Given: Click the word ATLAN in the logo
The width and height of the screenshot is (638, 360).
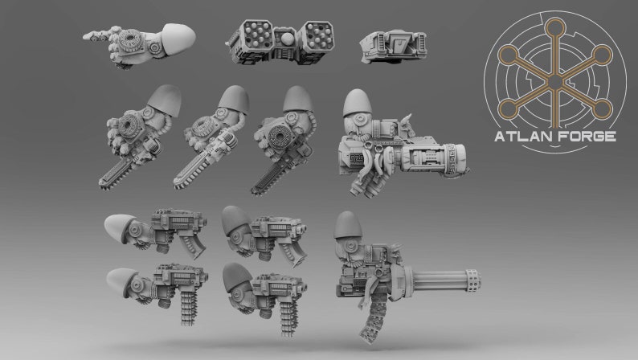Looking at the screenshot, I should click(x=524, y=137).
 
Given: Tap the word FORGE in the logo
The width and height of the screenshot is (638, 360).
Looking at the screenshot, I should click(x=587, y=137).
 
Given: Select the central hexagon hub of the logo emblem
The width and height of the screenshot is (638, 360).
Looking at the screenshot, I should click(x=555, y=82).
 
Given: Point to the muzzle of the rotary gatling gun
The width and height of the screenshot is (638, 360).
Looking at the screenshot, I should click(x=481, y=283).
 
